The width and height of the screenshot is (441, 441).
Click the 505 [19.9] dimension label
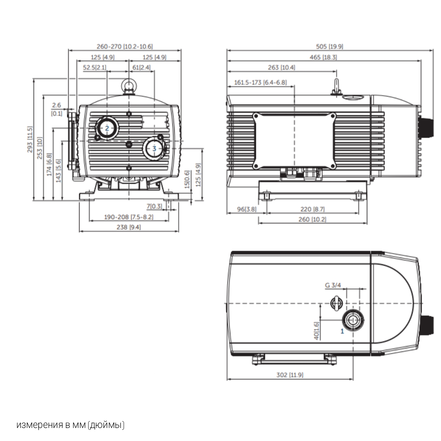click(x=329, y=46)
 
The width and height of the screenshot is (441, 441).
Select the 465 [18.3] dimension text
click(x=323, y=57)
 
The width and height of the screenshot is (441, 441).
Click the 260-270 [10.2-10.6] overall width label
click(x=125, y=46)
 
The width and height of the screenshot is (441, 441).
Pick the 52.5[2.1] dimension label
click(x=95, y=68)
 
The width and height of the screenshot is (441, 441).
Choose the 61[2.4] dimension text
click(x=141, y=68)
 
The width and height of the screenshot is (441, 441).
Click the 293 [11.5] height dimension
click(x=30, y=139)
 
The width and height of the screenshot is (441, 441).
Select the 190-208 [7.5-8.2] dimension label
click(x=129, y=217)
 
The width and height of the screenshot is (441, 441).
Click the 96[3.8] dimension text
click(x=246, y=209)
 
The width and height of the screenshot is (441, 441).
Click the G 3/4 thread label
click(x=333, y=285)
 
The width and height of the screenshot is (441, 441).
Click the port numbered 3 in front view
click(x=154, y=149)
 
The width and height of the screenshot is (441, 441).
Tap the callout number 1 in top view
click(x=342, y=330)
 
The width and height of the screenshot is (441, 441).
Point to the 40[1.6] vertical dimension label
click(x=317, y=330)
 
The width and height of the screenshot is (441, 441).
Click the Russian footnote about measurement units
click(x=70, y=425)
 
